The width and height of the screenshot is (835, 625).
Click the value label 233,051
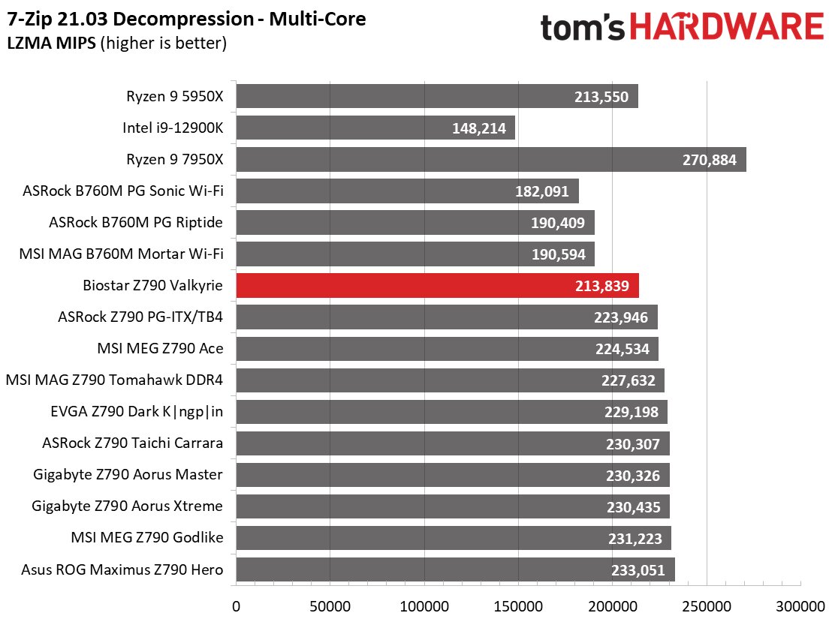638,570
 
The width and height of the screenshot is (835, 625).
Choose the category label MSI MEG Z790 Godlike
147,538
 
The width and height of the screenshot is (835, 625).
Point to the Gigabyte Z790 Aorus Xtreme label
128,506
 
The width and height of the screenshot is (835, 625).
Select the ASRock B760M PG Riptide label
136,223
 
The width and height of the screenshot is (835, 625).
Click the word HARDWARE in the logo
726,29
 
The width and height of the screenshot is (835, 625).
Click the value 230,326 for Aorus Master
633,476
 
